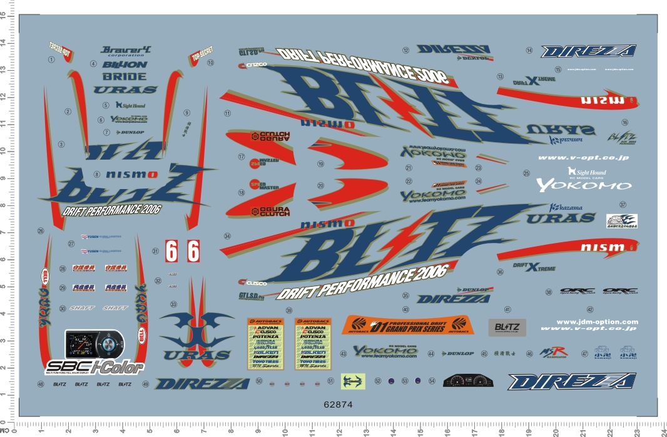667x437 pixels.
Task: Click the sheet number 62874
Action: point(339,405)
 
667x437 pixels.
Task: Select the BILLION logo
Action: point(125,64)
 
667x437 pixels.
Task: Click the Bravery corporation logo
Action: point(126,51)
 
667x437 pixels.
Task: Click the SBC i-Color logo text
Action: point(94,367)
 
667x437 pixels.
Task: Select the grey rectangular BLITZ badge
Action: point(507,327)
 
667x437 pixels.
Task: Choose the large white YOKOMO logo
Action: point(584,185)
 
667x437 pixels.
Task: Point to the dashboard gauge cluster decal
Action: point(468,381)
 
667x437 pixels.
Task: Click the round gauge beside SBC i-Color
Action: point(108,344)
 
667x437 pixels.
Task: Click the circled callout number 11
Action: point(228,114)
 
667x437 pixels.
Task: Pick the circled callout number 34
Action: point(228,236)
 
